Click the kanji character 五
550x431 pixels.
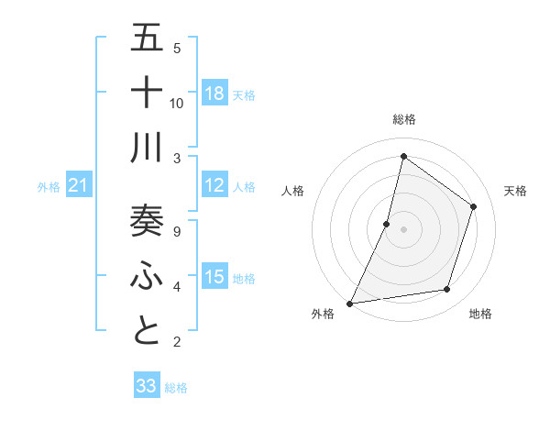pos(147,38)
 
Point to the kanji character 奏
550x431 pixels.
pos(147,220)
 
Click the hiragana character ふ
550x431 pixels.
pos(147,275)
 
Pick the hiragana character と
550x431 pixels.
pos(147,330)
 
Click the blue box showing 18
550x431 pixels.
pos(214,94)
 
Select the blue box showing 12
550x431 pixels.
pos(214,186)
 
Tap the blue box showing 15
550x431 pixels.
pos(214,278)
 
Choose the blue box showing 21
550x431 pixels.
pos(78,186)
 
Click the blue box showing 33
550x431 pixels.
pos(147,386)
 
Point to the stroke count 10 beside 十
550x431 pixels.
pos(177,104)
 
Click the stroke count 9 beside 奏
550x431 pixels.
pos(177,231)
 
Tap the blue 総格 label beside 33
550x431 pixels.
pos(176,388)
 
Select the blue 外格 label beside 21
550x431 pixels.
pos(49,187)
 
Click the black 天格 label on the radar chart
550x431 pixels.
pos(515,191)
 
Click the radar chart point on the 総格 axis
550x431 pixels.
pos(403,156)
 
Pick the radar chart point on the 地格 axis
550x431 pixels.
pos(447,290)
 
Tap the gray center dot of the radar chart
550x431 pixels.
pos(403,228)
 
